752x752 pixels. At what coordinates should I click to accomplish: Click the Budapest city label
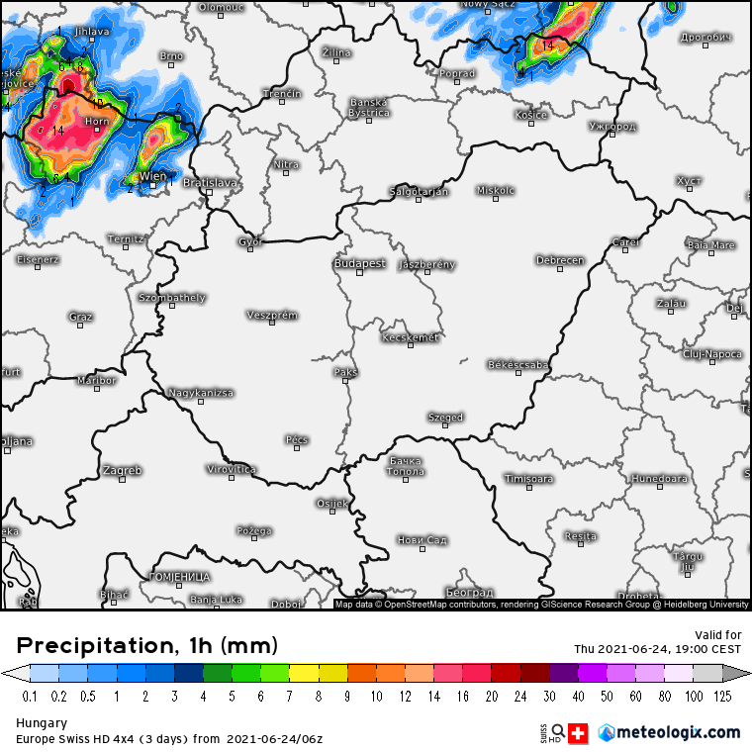(x=359, y=264)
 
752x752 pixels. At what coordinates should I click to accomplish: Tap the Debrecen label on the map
(x=560, y=260)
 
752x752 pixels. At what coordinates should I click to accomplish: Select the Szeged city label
(x=445, y=418)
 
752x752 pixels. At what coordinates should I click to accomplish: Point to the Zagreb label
(x=122, y=470)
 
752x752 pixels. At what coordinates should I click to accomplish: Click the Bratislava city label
(x=210, y=183)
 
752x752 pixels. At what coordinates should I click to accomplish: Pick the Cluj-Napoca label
(x=712, y=353)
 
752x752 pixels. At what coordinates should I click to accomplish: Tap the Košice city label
(x=531, y=115)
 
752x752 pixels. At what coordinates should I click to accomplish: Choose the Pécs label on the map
(x=297, y=439)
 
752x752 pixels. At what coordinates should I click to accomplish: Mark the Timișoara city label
(x=528, y=479)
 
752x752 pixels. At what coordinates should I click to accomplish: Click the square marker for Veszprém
(x=271, y=323)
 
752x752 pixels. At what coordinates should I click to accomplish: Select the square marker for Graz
(x=81, y=325)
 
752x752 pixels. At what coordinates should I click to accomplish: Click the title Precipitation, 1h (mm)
(x=147, y=646)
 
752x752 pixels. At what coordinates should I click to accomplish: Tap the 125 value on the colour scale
(x=723, y=696)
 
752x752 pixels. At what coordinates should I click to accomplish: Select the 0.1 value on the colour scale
(x=30, y=696)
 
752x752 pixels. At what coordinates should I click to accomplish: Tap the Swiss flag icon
(x=579, y=733)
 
